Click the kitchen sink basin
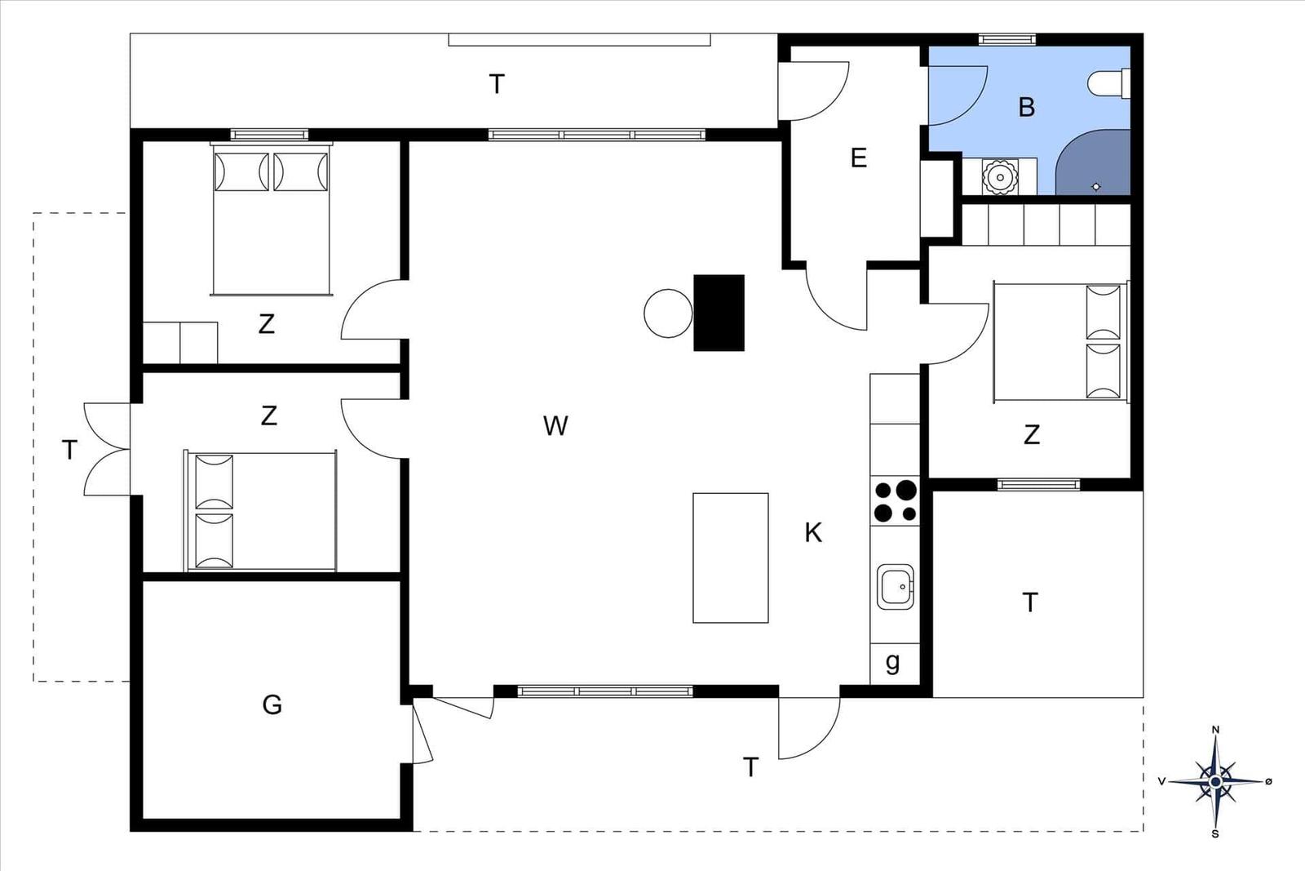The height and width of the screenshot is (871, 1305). pos(896,586)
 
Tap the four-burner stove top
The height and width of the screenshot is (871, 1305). pos(895,500)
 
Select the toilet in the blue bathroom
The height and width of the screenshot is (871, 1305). pos(1108,83)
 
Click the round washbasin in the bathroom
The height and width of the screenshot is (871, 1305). pos(1000,176)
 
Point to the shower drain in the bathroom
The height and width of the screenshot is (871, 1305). pos(1096,187)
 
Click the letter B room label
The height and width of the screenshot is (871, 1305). pos(1027,107)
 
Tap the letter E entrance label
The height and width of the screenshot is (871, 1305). pos(858,158)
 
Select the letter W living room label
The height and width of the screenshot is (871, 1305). pos(555,426)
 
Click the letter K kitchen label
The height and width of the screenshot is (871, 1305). pos(813,532)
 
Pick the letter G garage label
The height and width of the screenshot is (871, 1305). pos(272,704)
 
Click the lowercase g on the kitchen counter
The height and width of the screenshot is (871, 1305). pos(892,663)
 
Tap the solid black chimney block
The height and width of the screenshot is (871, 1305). pos(719,313)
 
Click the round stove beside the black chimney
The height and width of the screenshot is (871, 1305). pos(668,313)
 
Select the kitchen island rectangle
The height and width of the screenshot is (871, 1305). pos(731,558)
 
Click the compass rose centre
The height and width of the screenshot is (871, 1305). pos(1215,781)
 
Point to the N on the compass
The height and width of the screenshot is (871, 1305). pos(1215,729)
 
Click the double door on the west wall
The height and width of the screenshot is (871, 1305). pos(107,449)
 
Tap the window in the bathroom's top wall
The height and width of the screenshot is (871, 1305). pos(1007,40)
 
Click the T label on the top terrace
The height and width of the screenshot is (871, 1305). pos(497,85)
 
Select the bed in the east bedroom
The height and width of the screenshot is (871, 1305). pos(1061,342)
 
